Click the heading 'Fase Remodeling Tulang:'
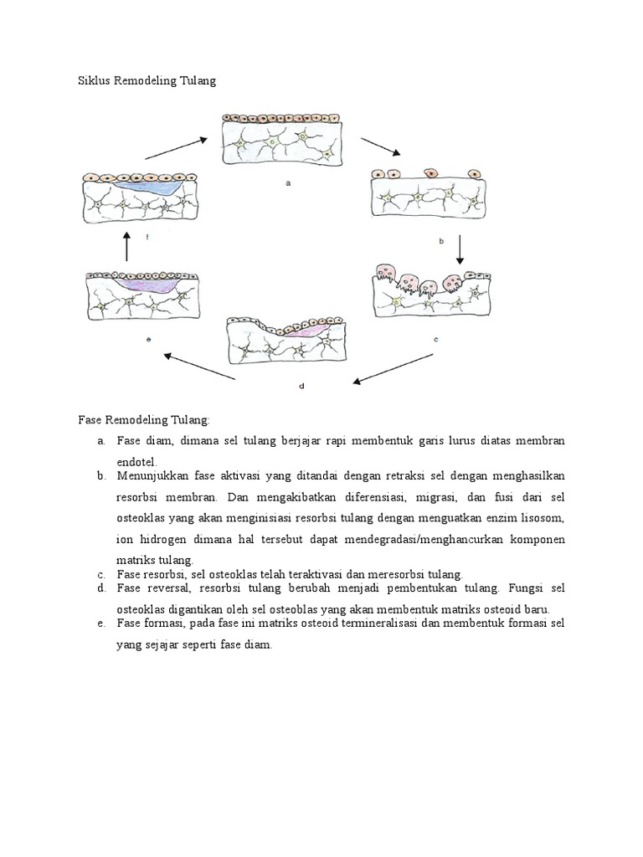point(145,418)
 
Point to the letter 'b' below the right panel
point(440,239)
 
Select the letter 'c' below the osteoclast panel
point(436,339)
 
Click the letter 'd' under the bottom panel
point(300,386)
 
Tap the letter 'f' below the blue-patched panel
point(147,238)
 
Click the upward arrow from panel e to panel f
point(126,248)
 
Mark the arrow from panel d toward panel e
point(201,367)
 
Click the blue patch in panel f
point(152,187)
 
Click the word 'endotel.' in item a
point(137,461)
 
